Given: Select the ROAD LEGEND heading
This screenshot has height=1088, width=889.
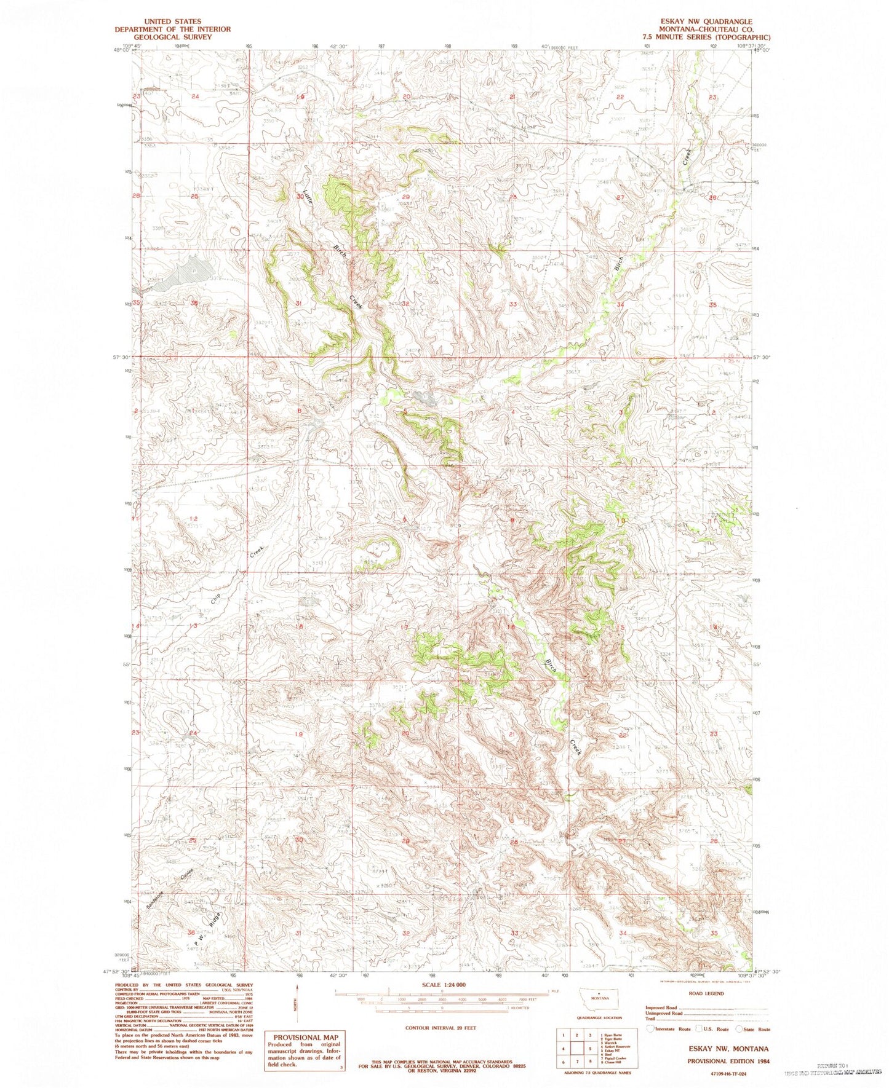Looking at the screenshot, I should coord(706,993).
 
